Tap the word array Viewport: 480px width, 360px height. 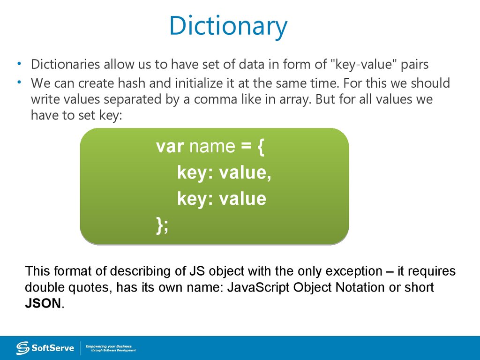pyautogui.click(x=344, y=100)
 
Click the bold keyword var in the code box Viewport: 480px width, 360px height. pyautogui.click(x=169, y=147)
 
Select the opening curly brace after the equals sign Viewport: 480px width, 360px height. pyautogui.click(x=261, y=147)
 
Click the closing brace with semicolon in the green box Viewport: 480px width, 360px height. pyautogui.click(x=162, y=225)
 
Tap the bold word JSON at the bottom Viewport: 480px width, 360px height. pyautogui.click(x=43, y=303)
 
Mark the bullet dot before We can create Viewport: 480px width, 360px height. pyautogui.click(x=20, y=82)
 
